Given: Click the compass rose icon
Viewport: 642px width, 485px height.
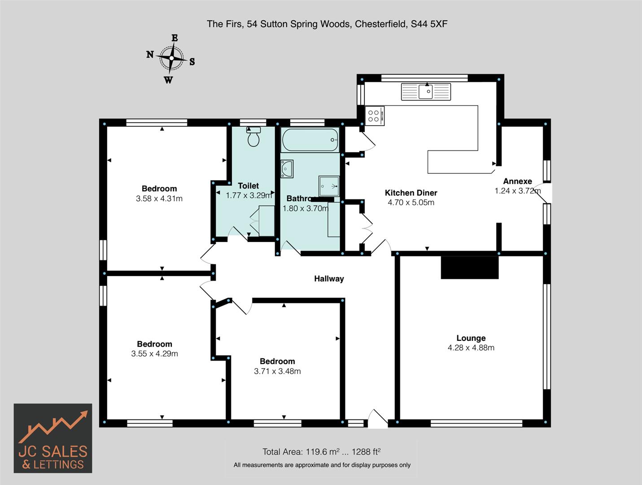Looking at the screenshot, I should (171, 58).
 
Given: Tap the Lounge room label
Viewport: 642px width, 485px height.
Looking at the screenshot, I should (471, 338).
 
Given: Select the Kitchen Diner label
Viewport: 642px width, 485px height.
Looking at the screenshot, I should (411, 193).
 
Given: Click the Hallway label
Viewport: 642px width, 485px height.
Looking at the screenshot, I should (328, 278).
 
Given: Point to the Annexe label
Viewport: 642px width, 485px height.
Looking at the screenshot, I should (517, 181).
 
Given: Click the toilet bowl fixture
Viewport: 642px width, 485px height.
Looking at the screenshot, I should (253, 137).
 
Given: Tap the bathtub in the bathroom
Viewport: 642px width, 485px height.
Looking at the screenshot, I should (310, 140).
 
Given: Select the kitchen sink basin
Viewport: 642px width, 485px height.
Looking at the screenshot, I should (425, 92).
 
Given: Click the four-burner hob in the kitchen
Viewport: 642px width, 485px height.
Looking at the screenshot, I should (375, 115).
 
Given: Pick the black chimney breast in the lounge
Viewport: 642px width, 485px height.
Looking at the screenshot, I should (470, 268).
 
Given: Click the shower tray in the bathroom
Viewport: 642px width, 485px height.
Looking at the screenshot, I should (329, 186).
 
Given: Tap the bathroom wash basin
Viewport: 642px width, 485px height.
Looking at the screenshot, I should (286, 169).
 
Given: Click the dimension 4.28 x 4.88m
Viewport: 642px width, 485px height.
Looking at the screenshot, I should (471, 348).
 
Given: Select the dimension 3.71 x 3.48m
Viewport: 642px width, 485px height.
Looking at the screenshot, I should (277, 371).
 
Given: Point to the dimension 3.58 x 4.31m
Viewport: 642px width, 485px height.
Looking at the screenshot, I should (159, 198).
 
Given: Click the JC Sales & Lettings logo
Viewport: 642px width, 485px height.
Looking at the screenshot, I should (53, 438).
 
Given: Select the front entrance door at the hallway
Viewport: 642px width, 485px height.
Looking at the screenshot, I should (377, 419).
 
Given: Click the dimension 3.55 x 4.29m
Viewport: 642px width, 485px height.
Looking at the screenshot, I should (154, 354).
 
